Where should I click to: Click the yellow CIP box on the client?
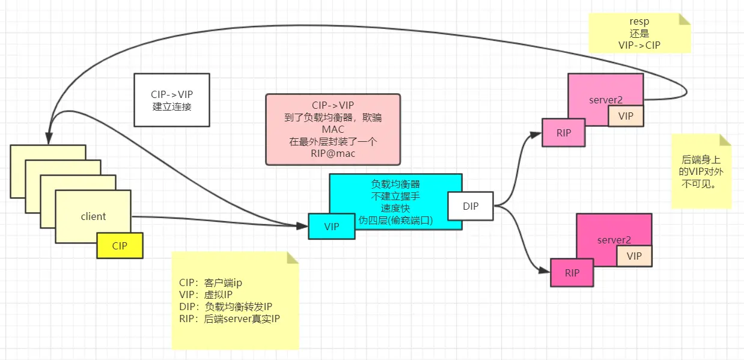point(120,246)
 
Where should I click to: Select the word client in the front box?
point(93,216)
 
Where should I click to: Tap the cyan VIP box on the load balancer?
point(331,227)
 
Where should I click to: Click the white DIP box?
point(471,206)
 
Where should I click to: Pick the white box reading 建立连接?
point(171,100)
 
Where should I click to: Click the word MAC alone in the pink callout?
point(332,129)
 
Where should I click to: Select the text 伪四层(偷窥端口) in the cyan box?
point(395,219)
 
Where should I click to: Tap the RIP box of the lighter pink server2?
point(563,133)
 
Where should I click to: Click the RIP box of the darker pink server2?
point(572,272)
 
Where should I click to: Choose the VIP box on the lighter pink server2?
point(626,116)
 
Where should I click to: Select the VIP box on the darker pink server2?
point(634,256)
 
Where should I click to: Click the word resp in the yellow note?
point(639,22)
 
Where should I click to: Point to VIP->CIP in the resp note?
point(639,44)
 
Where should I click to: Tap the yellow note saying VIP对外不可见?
point(701,172)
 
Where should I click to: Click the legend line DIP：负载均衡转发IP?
point(225,307)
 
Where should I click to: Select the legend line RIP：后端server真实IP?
point(229,319)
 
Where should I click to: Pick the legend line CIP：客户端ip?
point(210,282)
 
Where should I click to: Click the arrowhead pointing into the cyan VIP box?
point(303,225)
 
